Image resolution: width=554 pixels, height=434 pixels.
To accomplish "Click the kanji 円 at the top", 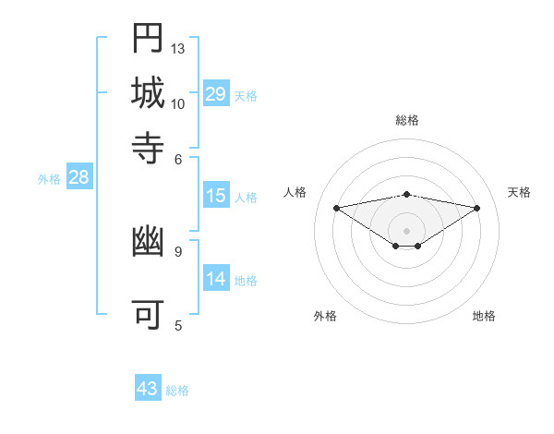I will tap(148, 39).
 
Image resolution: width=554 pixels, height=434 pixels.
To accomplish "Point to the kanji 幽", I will tap(148, 243).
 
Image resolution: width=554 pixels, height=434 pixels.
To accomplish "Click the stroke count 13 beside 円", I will tap(178, 48).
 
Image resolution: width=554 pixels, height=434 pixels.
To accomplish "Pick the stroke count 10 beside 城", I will tap(178, 103).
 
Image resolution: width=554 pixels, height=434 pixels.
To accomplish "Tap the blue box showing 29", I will tap(215, 93).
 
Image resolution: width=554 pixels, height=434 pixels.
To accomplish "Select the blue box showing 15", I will tap(215, 196).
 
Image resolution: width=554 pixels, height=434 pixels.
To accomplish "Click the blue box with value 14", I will tap(215, 280).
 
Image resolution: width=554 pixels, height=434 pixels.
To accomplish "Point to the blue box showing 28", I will tap(78, 178).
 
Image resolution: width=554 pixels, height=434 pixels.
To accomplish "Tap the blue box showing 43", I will tap(148, 389).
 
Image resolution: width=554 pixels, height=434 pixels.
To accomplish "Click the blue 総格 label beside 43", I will tap(177, 391).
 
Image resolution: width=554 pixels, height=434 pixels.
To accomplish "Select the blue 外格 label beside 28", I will tap(49, 180).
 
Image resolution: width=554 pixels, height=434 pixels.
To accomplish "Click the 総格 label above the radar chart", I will tap(407, 121).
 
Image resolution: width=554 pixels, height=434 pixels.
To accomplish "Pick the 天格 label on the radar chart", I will tap(520, 192).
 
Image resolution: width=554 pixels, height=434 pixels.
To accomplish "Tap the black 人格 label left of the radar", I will tap(295, 192).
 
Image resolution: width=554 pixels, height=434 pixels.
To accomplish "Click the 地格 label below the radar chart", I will tap(484, 316).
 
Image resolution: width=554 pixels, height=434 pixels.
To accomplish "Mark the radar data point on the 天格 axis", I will tap(477, 208).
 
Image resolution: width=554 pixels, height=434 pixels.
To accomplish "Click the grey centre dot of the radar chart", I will tap(407, 230).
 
